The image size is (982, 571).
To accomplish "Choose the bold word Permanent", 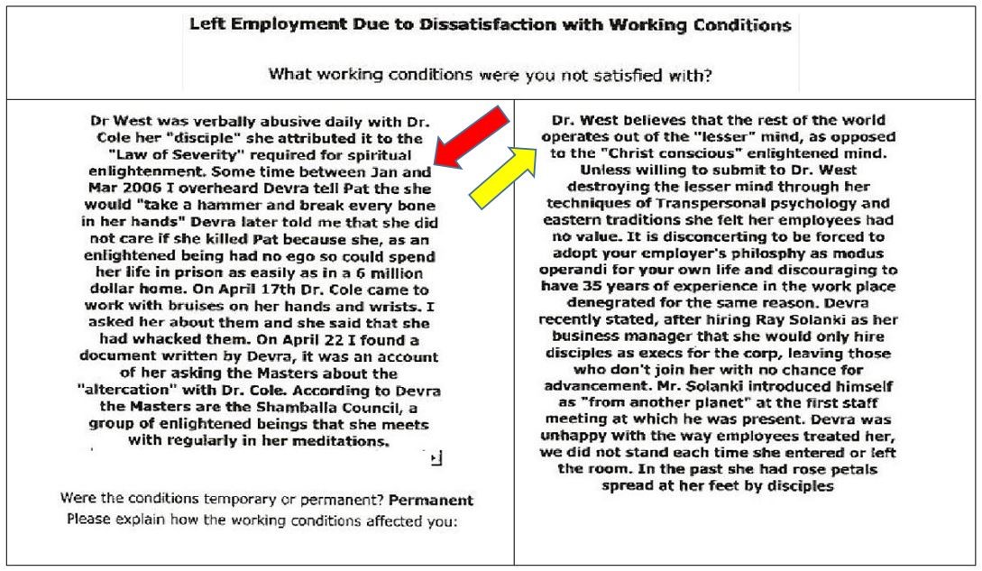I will (x=431, y=500).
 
